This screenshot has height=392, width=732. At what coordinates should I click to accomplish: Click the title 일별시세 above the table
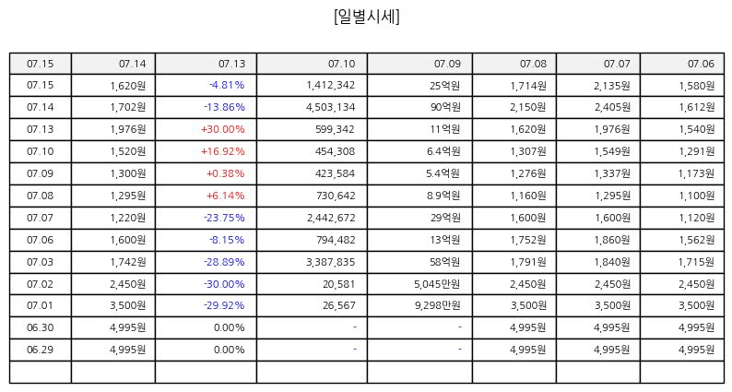click(367, 17)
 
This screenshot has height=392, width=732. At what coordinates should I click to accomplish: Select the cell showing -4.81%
click(227, 85)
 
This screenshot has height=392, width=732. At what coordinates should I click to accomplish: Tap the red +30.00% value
click(223, 129)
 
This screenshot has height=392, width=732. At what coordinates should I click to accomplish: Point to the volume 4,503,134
click(331, 108)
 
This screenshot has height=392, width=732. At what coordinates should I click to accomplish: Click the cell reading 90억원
click(445, 108)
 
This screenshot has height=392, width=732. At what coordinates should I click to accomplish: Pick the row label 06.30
click(41, 327)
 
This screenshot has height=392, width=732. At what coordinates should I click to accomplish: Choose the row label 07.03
click(41, 262)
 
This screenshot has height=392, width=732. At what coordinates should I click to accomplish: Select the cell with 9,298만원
click(437, 305)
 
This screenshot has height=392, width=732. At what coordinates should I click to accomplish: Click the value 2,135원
click(612, 86)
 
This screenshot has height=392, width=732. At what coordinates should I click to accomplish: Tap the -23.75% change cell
click(224, 218)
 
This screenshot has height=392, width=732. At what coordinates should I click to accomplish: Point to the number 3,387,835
click(331, 262)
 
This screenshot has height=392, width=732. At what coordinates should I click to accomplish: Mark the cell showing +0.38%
click(226, 173)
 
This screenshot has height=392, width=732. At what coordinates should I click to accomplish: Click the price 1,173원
click(696, 173)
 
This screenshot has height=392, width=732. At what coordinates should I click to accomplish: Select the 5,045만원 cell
click(437, 284)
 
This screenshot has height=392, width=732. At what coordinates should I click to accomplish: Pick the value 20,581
click(339, 284)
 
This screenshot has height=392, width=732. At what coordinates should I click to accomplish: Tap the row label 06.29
click(41, 350)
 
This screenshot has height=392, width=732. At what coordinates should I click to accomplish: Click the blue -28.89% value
click(224, 262)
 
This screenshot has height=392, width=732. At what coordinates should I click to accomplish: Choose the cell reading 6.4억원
click(443, 151)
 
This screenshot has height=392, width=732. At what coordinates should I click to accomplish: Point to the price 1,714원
click(528, 86)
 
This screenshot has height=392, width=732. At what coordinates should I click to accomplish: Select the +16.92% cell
click(223, 151)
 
